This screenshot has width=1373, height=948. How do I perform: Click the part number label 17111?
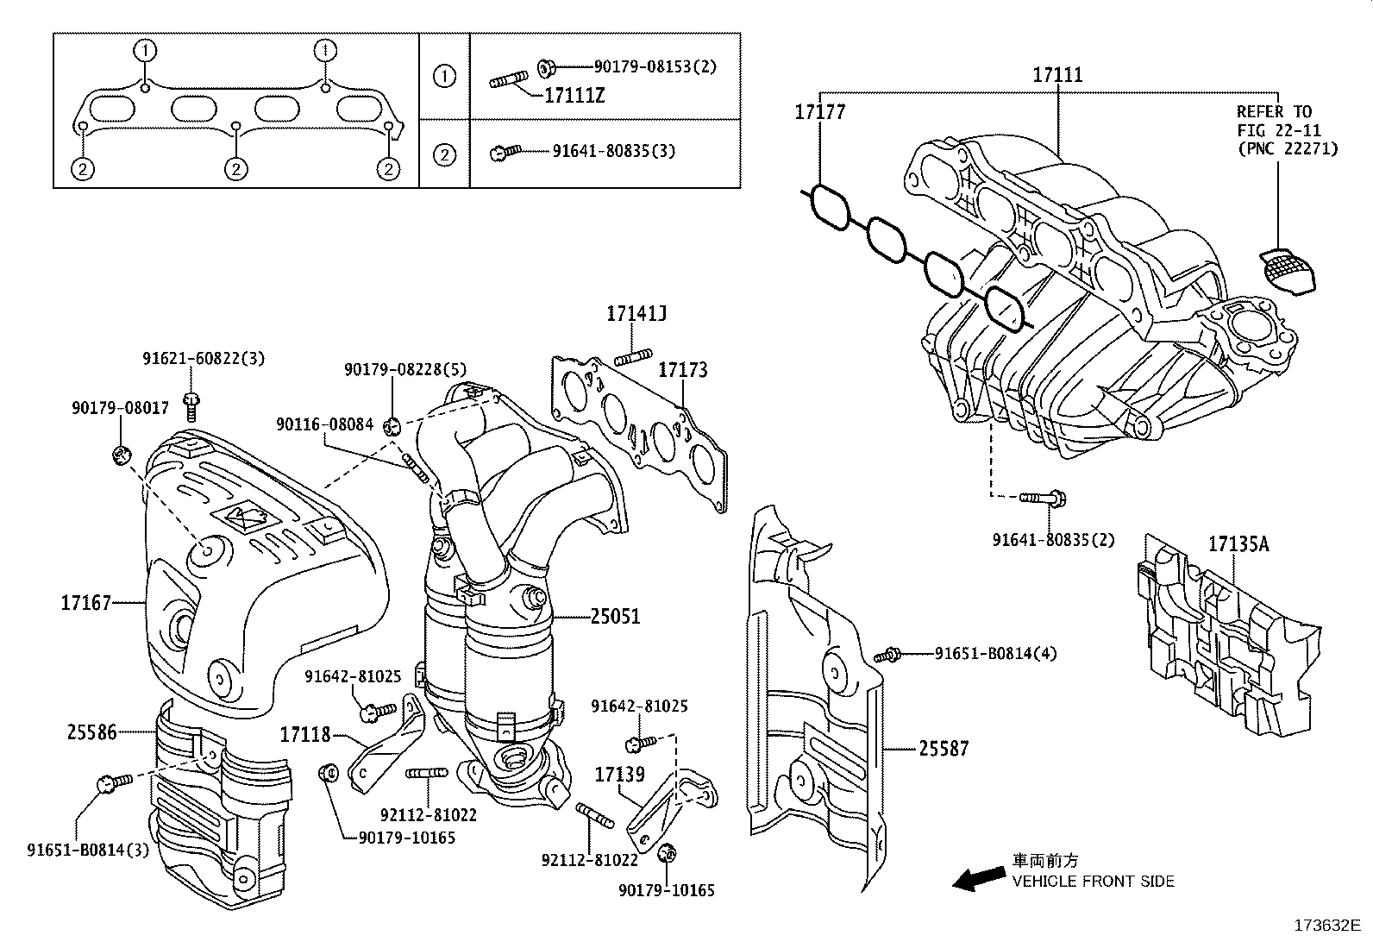coord(1057,75)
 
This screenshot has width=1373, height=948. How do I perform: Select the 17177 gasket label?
coord(819,112)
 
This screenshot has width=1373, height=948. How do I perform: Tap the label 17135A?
coord(1238,543)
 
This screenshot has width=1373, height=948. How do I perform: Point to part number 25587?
coord(944,749)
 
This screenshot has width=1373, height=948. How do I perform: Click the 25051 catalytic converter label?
coord(616,617)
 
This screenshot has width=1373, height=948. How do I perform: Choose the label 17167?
coord(86,602)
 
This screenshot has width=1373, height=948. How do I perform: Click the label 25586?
coord(91,732)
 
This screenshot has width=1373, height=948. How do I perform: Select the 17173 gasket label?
coord(683,370)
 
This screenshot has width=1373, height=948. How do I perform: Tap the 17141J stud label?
coord(636,314)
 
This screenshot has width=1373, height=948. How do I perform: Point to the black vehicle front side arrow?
coord(976,879)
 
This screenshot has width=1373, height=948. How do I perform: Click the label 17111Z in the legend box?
coord(574,96)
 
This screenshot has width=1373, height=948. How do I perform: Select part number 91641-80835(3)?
coord(613,151)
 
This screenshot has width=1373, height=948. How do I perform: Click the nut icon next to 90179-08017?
coord(122,454)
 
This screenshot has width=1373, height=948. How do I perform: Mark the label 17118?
coord(305,735)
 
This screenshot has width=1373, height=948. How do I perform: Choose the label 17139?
coord(619,775)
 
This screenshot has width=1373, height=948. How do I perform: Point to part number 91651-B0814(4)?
coord(996,654)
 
